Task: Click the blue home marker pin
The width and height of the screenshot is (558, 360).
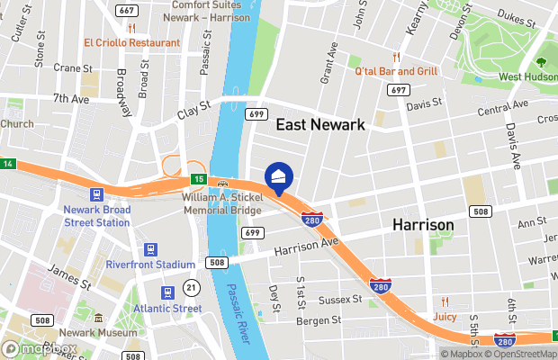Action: tap(279, 177)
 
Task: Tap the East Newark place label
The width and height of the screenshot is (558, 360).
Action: tap(319, 125)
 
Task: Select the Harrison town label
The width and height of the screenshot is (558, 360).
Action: tap(423, 224)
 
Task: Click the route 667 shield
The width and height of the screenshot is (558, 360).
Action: tap(127, 10)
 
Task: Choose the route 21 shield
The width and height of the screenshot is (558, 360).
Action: tap(191, 287)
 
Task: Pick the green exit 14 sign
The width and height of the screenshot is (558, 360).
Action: tap(7, 163)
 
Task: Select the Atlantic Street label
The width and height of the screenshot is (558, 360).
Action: tap(168, 308)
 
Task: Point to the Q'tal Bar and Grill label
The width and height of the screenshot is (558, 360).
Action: tap(396, 71)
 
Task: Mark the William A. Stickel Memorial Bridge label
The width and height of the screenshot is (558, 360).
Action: tap(220, 202)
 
